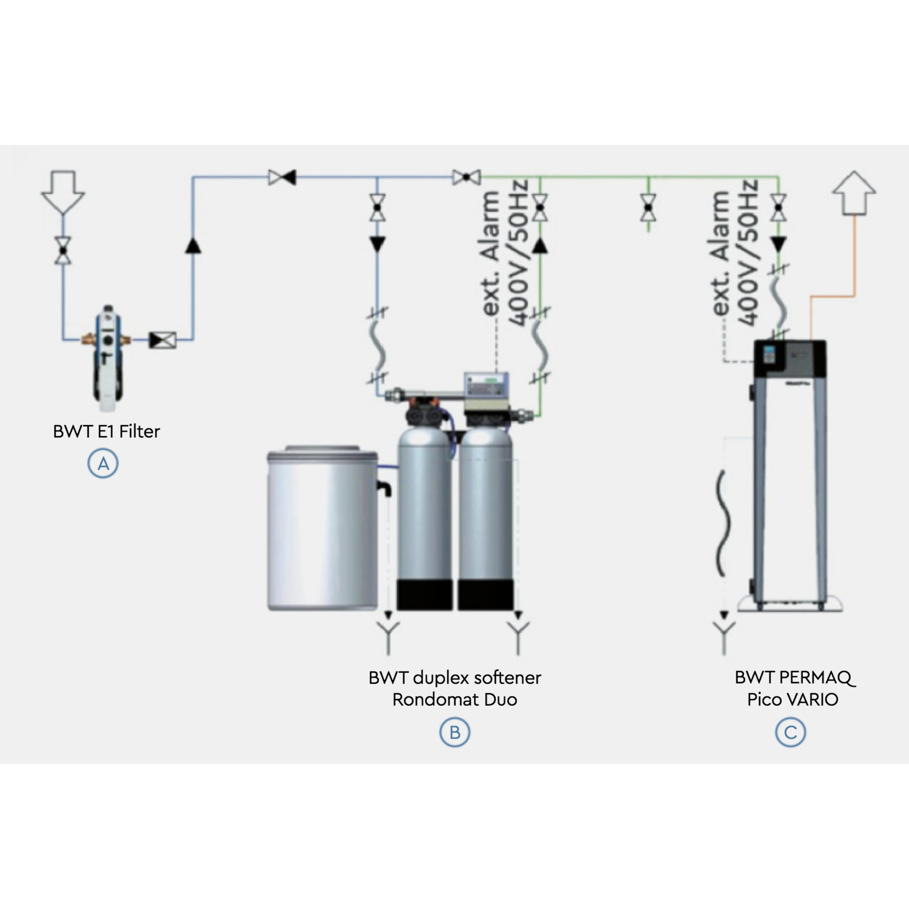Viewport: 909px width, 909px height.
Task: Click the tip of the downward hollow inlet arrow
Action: click(63, 215)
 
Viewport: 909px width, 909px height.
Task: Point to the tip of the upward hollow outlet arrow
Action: click(854, 171)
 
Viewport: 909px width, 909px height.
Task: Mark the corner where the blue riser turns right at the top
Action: click(193, 178)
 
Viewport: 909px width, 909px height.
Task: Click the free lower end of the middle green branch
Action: click(649, 232)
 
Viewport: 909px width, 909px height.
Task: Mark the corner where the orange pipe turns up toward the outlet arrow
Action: click(854, 296)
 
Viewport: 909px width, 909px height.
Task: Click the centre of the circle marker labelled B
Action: click(454, 732)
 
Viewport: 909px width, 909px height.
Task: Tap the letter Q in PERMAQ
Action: click(846, 678)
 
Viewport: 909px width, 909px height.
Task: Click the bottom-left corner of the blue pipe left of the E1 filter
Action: click(63, 339)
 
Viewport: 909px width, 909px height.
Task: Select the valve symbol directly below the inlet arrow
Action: click(63, 250)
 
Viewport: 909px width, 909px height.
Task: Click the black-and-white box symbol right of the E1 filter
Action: click(163, 340)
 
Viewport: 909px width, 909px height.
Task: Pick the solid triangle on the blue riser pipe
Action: click(193, 245)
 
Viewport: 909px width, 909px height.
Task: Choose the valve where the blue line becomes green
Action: click(467, 178)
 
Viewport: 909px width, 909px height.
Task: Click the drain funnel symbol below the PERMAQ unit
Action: click(724, 638)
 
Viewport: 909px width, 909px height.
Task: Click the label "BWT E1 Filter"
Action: click(107, 431)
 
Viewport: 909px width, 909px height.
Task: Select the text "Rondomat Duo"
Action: click(455, 700)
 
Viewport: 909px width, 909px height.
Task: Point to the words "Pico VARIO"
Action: click(793, 700)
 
